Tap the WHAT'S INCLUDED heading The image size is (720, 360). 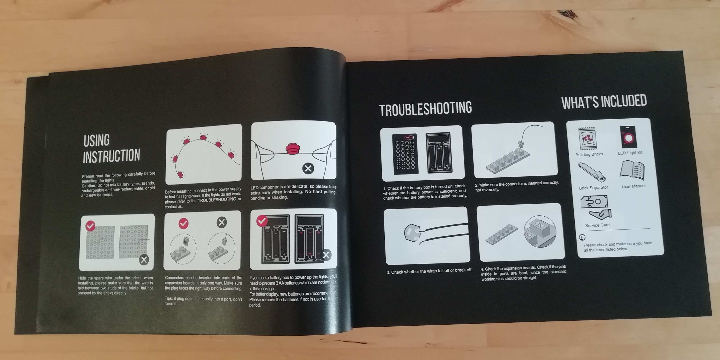[604, 102]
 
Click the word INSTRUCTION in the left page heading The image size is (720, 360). [111, 156]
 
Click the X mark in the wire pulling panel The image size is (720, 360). [308, 168]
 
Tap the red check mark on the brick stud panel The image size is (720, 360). [90, 225]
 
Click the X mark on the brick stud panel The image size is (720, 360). [144, 260]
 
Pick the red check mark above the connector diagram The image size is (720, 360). [183, 223]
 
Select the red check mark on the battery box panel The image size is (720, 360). [262, 221]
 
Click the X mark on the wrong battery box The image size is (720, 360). [326, 255]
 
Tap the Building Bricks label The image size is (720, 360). [589, 154]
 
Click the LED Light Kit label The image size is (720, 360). [630, 153]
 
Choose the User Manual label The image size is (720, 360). [633, 186]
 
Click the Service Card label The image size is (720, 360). [597, 225]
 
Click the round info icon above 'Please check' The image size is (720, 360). [582, 237]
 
